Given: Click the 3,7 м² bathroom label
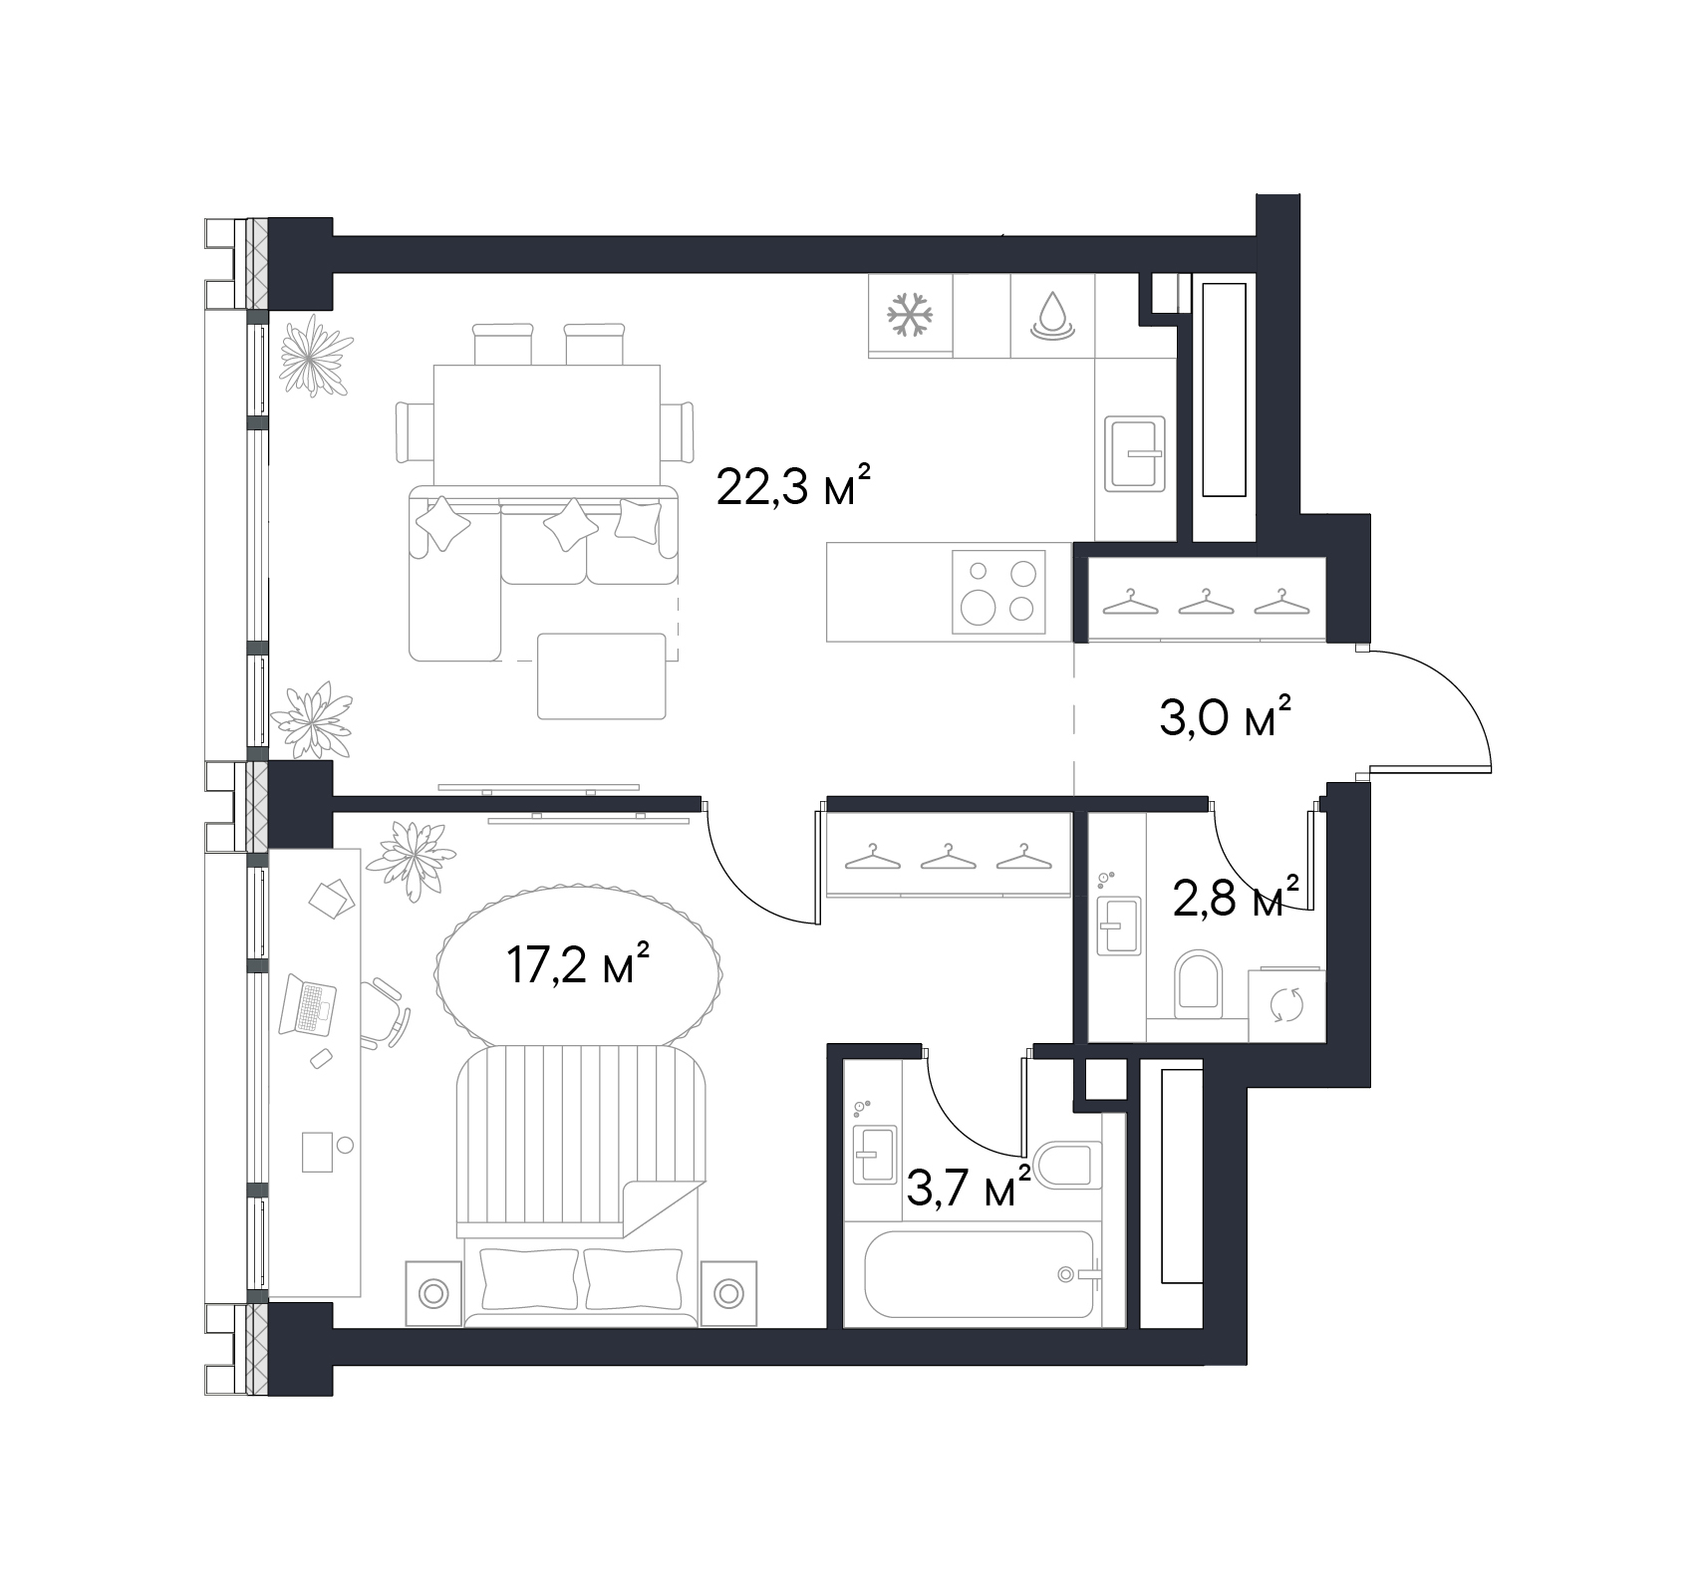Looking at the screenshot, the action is [968, 1188].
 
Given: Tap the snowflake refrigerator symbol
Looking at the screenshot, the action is [911, 314].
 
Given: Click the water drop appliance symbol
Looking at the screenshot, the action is [1052, 315].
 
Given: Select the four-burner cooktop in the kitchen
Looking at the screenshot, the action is [998, 592].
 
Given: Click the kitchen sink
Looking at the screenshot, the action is [1135, 453].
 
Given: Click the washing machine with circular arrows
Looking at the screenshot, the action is [1286, 1003].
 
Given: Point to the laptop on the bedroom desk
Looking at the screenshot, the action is [308, 1004].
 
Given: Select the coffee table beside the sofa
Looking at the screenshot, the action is [601, 675].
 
